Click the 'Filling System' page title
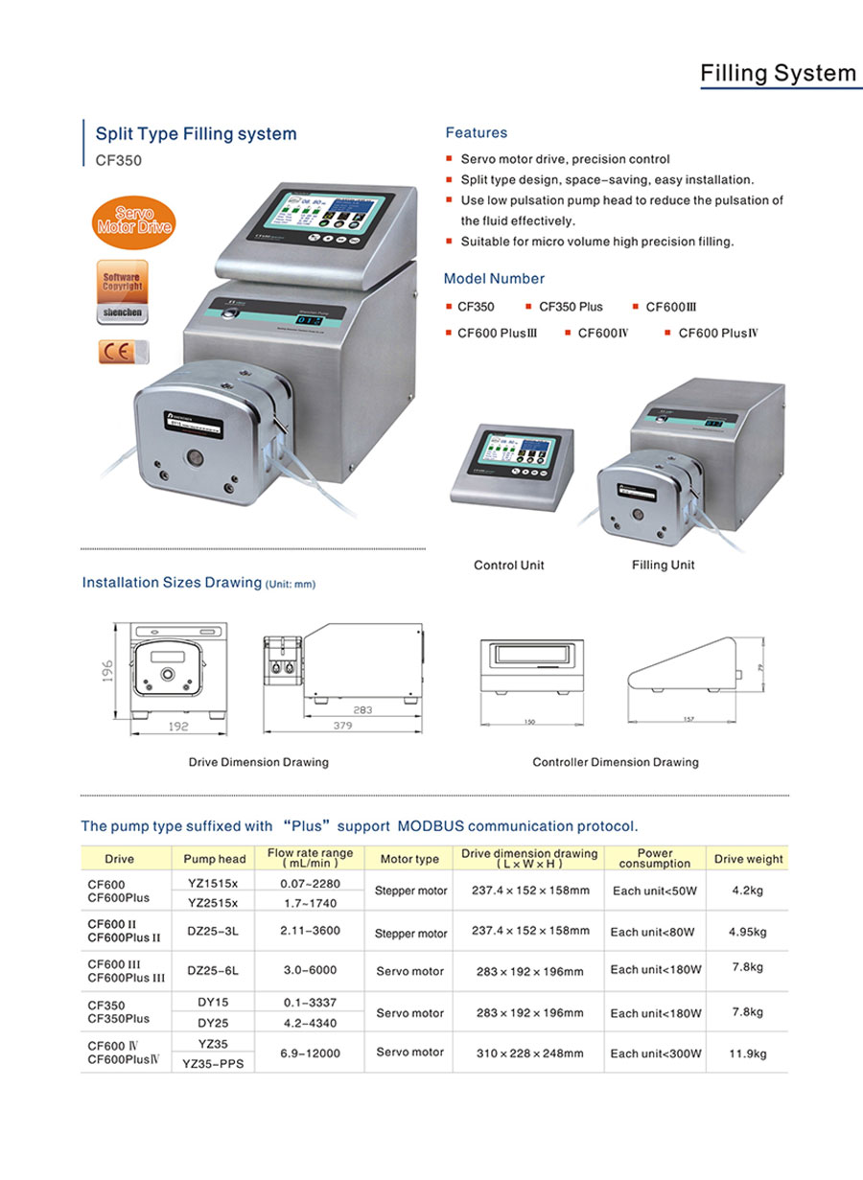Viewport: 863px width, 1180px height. coord(778,73)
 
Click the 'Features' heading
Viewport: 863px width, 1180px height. coord(477,133)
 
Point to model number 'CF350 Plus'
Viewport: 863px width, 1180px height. coord(571,307)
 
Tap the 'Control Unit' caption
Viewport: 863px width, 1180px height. coord(508,566)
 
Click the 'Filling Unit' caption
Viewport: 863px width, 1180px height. coord(663,566)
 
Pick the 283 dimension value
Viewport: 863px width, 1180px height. coord(362,710)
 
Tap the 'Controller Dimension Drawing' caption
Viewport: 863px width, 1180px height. coord(616,763)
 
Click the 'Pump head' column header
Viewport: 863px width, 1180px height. coord(215,859)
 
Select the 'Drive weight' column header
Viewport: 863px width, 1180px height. coord(748,859)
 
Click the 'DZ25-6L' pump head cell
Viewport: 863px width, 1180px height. coord(214,970)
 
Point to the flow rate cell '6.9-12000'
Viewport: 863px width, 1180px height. coord(310,1053)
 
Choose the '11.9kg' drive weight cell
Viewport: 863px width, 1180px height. coord(748,1054)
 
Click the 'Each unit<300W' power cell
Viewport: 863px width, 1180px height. coord(656,1053)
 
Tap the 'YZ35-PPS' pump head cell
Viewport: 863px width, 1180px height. coord(215,1063)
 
